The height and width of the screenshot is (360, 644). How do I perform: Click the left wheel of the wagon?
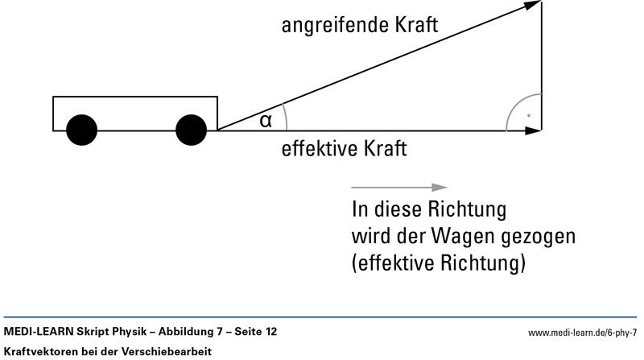pyautogui.click(x=81, y=130)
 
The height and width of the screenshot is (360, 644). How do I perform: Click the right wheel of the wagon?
pyautogui.click(x=192, y=130)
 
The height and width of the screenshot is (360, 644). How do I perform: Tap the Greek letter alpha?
pyautogui.click(x=266, y=122)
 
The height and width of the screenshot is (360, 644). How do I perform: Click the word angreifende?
pyautogui.click(x=332, y=26)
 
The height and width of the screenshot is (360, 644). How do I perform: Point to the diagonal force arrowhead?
pyautogui.click(x=532, y=6)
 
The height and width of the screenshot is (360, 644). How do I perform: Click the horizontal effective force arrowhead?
pyautogui.click(x=534, y=130)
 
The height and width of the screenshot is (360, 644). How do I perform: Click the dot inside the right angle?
pyautogui.click(x=528, y=116)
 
